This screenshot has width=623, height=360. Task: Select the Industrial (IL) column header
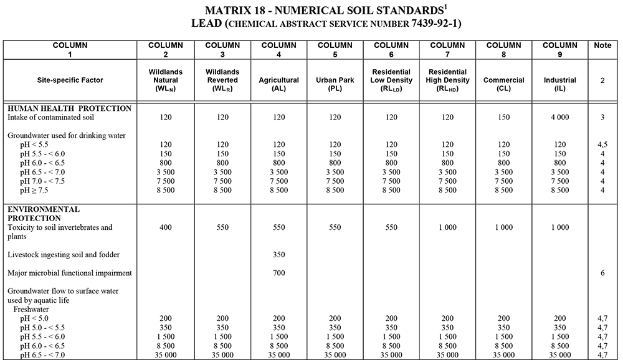(559, 80)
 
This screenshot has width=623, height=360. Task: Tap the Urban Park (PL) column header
(335, 80)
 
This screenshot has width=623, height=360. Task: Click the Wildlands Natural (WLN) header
(166, 80)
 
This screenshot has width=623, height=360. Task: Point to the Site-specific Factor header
(70, 80)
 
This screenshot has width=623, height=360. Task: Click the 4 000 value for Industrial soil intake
(559, 117)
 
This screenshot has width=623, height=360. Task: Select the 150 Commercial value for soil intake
(504, 117)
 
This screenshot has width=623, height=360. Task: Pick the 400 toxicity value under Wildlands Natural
(166, 227)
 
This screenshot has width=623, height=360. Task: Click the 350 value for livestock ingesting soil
(278, 255)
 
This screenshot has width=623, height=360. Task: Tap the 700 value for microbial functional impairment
(278, 273)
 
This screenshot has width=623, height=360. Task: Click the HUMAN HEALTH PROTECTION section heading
(69, 108)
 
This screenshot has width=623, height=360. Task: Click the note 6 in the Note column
(602, 273)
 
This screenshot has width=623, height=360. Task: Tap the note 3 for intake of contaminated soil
(602, 117)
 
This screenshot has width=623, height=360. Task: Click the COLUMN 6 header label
(391, 50)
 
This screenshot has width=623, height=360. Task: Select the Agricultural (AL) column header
(278, 80)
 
